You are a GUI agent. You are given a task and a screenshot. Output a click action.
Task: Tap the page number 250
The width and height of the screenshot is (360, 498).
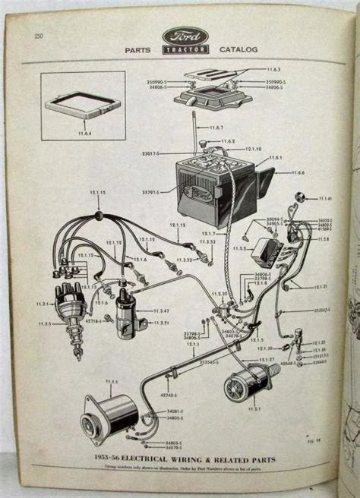coord(38,36)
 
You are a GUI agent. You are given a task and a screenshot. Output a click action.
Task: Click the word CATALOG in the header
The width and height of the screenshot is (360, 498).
coord(238,50)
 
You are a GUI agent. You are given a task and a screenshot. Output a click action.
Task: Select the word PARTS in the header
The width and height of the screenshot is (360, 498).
coord(137,50)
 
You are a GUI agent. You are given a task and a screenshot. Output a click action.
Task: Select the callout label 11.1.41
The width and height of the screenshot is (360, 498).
coord(325,198)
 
